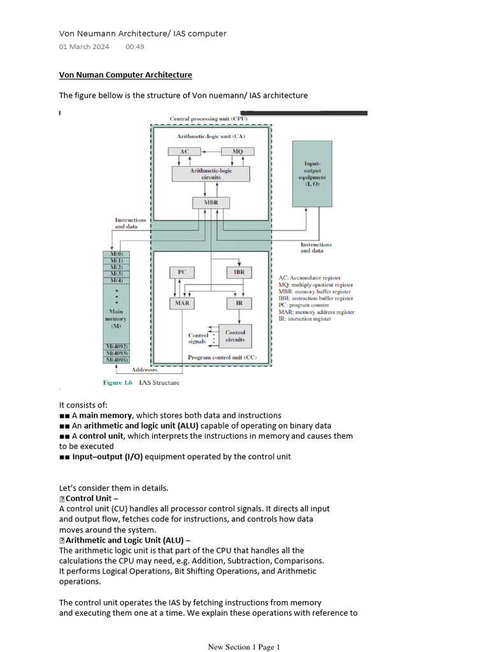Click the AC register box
184,152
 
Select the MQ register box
237,152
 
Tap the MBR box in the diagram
211,202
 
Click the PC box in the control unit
181,272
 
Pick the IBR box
239,272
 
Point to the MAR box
181,303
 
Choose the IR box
239,303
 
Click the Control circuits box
235,336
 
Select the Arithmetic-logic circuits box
211,174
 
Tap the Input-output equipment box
312,174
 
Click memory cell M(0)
117,254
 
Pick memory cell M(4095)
117,360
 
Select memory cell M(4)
117,280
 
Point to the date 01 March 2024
84,46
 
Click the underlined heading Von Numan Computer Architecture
125,75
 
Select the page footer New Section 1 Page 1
244,647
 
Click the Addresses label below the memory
145,369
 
